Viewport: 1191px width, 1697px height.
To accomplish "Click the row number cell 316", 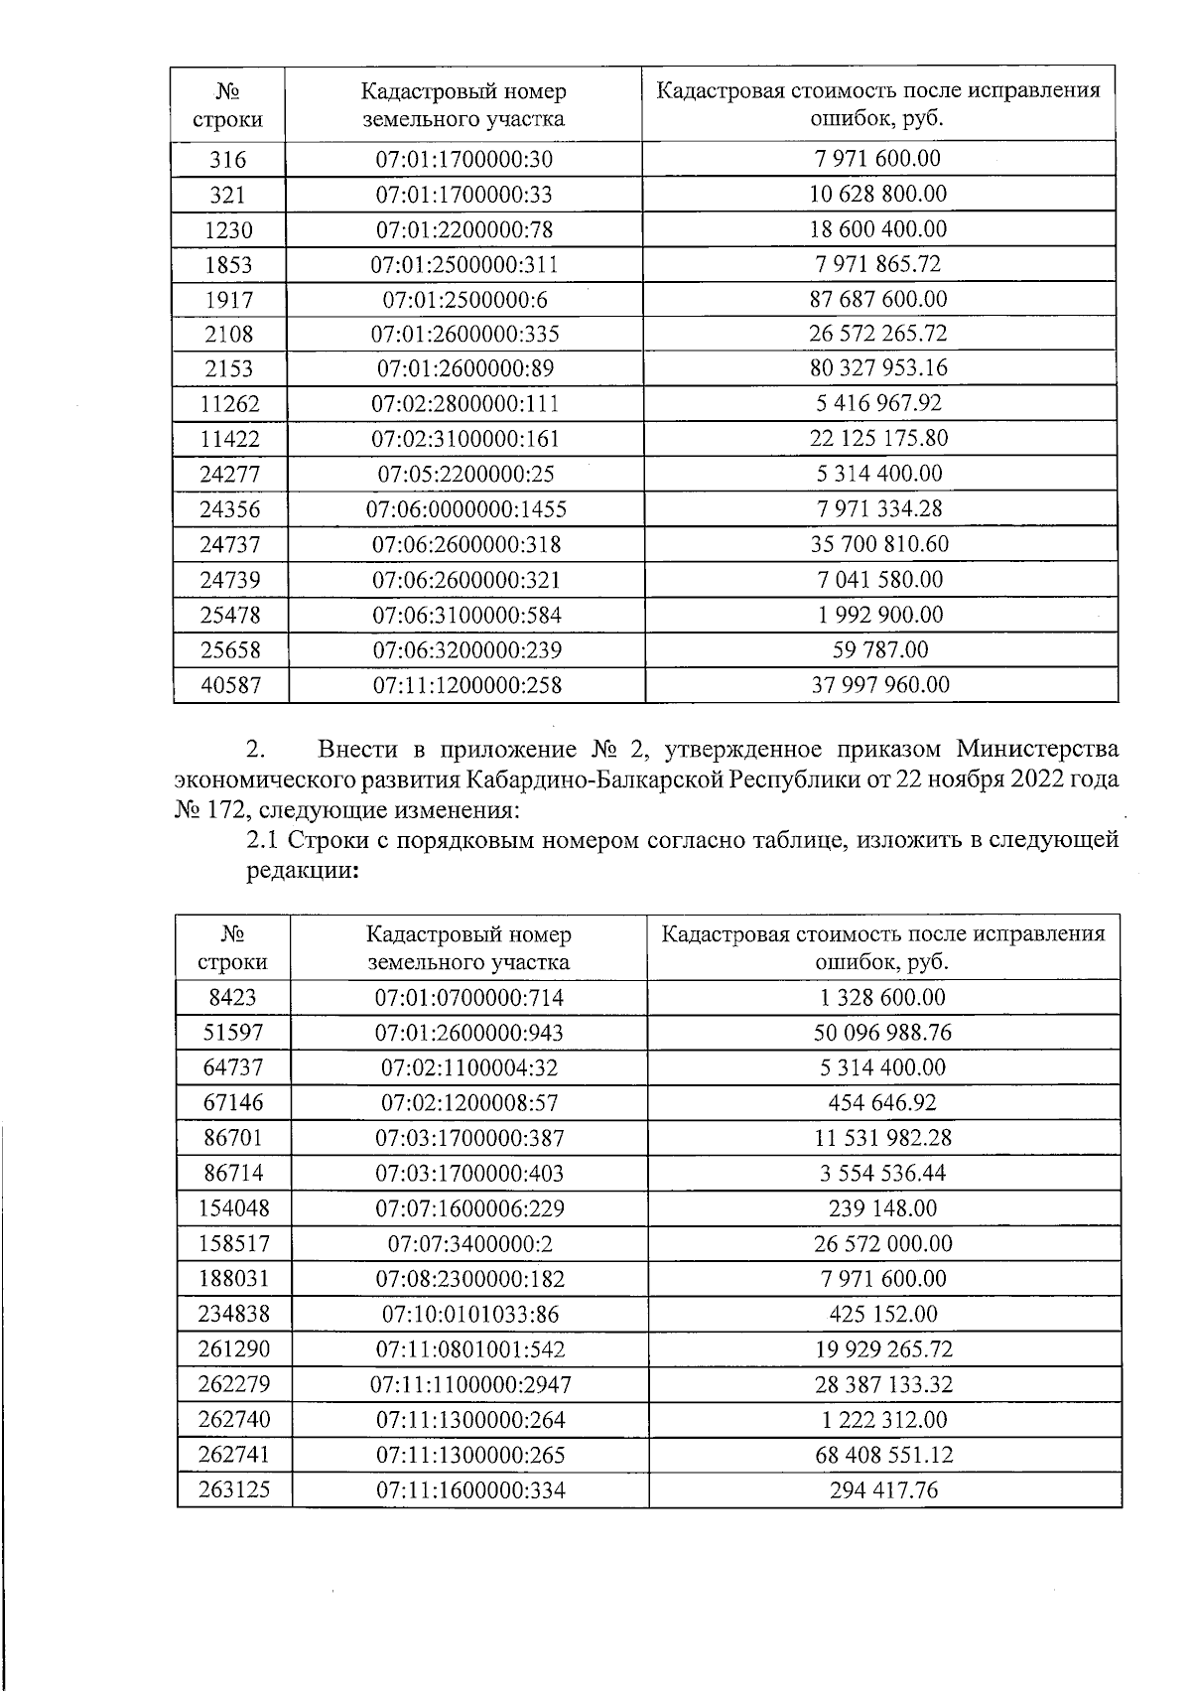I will click(228, 160).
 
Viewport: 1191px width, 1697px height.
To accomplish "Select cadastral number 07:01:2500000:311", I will click(464, 265).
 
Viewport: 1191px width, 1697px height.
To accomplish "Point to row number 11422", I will click(229, 439).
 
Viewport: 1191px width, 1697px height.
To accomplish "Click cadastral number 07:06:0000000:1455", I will click(466, 509).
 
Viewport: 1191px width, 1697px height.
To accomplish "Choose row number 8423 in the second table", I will click(233, 998).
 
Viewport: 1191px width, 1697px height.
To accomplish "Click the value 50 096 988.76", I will click(882, 1033).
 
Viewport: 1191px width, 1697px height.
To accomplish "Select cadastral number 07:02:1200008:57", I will click(469, 1103).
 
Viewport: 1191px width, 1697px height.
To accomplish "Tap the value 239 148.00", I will click(882, 1208).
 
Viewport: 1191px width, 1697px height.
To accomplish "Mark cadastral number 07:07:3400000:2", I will click(469, 1244).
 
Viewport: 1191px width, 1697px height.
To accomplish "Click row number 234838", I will click(233, 1315).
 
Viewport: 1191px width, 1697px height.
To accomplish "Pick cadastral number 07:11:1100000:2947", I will click(469, 1385).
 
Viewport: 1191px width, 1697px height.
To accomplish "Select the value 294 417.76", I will click(882, 1490).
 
